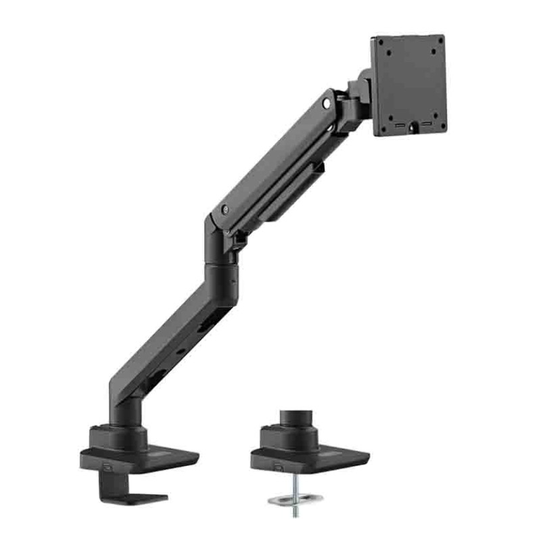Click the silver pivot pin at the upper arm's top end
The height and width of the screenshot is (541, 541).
[328, 103]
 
